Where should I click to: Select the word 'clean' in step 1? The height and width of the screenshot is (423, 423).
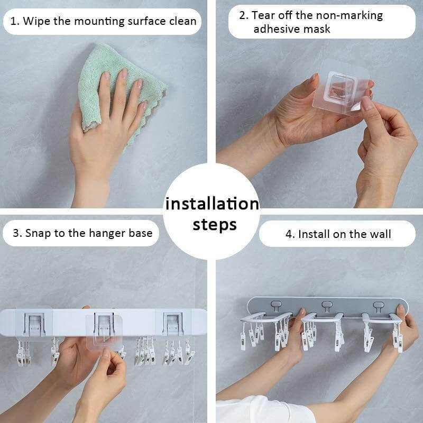coord(182,21)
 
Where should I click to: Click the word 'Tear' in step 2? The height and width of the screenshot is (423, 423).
coord(263,15)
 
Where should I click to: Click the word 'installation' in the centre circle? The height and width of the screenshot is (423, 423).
coord(212,204)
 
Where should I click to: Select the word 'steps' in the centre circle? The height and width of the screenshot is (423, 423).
coord(215,225)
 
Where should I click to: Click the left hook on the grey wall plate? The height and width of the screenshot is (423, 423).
coord(275,306)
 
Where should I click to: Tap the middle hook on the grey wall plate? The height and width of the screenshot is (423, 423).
coord(327,306)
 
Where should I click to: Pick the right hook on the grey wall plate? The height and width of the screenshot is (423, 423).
coord(378,306)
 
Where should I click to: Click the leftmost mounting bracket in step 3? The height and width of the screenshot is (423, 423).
coord(34,324)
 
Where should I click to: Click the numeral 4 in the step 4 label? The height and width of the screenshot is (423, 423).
coord(289,234)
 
